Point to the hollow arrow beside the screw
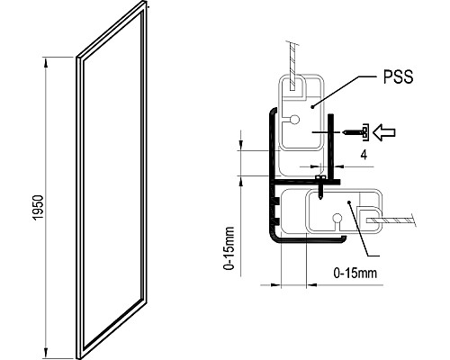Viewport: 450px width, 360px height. point(388,133)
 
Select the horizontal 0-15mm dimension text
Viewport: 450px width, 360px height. point(354,271)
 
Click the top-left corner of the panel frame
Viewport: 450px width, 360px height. point(77,59)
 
